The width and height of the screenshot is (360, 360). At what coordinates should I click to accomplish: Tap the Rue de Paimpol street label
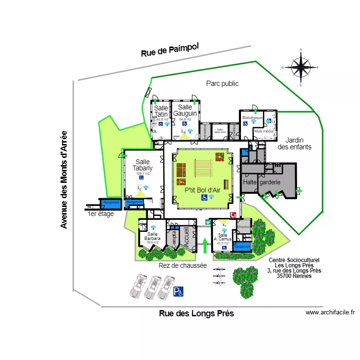coord(169,50)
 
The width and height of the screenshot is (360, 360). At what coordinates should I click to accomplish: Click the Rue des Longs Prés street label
coord(196,313)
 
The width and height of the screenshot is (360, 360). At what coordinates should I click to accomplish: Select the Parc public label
coord(222,84)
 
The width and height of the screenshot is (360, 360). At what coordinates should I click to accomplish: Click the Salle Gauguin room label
coord(185,110)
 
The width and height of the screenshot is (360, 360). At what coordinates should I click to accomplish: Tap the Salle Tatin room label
coord(161,111)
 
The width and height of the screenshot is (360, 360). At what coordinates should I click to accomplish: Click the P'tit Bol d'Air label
coord(203,190)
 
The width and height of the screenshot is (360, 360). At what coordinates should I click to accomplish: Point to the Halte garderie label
coord(262,182)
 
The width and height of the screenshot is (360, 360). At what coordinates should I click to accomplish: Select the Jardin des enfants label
coord(295,144)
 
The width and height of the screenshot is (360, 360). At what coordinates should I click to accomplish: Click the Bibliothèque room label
coord(252,118)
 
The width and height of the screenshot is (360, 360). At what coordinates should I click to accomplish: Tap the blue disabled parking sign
coord(179,291)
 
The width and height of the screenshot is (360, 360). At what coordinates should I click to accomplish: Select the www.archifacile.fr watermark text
coord(330,312)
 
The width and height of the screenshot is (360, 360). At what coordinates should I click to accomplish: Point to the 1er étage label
coord(101,214)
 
